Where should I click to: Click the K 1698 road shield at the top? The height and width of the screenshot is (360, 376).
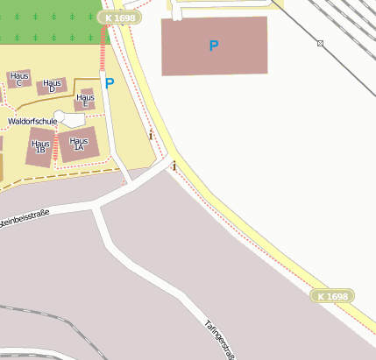120,18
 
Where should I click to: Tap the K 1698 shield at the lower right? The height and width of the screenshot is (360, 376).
332,297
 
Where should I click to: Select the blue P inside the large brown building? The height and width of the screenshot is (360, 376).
214,46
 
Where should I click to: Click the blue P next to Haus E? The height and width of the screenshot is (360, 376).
110,84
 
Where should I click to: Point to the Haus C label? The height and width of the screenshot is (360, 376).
19,80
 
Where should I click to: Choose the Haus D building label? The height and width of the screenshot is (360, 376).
53,86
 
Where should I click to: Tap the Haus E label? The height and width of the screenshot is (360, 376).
85,101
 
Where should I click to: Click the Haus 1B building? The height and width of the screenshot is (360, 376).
40,147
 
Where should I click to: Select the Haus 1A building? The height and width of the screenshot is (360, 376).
79,145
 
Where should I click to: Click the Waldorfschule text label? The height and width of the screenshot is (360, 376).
32,121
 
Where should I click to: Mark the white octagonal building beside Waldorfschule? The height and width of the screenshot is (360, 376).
71,118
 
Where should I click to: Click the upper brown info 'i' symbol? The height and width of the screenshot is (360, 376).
151,136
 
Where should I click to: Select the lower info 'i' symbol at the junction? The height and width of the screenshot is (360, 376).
174,166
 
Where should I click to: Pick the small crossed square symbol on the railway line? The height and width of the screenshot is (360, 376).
321,43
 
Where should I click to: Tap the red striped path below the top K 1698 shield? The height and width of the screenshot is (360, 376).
104,48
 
